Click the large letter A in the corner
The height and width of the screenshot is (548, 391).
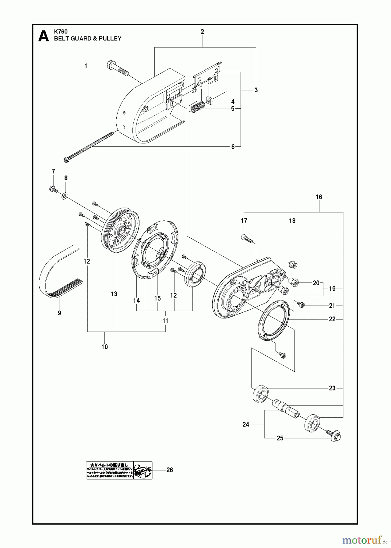(44, 36)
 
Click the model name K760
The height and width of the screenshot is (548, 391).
(61, 31)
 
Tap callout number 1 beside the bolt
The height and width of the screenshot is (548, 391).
(86, 66)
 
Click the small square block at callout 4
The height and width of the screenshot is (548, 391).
(209, 100)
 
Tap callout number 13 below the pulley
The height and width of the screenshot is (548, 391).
(114, 294)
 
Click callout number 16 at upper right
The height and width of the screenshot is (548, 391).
(319, 197)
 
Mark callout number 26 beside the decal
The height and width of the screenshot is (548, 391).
(170, 470)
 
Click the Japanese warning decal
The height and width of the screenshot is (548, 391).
(119, 470)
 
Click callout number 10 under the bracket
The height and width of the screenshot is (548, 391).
(104, 347)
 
